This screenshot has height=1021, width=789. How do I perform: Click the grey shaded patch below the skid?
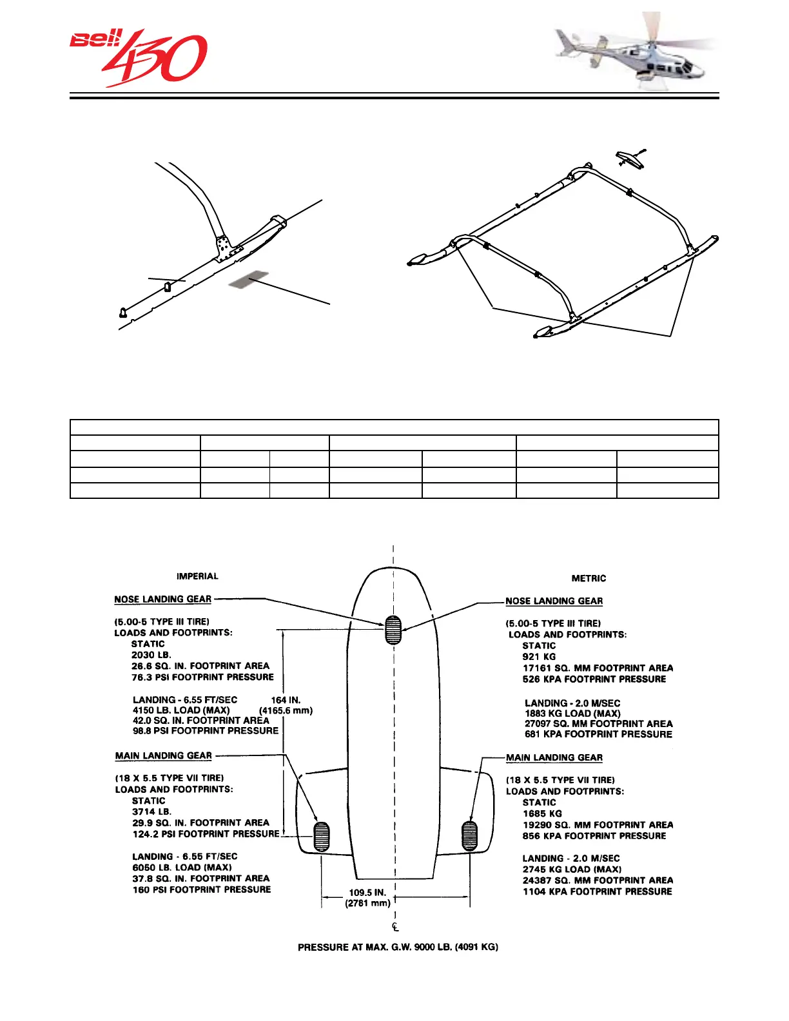click(x=248, y=279)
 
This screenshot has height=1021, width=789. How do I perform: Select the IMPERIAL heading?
click(x=197, y=576)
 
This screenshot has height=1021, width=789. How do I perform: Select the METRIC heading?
click(x=589, y=578)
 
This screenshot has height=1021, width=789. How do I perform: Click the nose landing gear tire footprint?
click(x=393, y=630)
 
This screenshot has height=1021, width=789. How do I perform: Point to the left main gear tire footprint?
click(x=321, y=836)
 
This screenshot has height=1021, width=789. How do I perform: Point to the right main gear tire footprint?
click(x=470, y=835)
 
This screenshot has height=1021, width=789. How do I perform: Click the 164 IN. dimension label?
click(x=286, y=700)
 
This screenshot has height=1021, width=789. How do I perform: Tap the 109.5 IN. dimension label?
click(x=367, y=893)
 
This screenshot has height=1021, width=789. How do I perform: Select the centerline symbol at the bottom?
click(x=395, y=927)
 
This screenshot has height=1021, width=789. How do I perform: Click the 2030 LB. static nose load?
click(x=151, y=655)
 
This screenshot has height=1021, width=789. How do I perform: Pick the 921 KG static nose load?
click(x=539, y=657)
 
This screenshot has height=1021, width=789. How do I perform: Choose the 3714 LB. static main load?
click(x=151, y=812)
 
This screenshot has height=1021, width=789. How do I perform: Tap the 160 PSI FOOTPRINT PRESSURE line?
click(x=202, y=890)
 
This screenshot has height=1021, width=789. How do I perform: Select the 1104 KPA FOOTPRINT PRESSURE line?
click(x=597, y=891)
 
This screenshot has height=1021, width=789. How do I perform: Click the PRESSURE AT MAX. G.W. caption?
click(x=398, y=947)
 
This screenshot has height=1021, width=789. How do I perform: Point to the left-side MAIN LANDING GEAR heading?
click(x=164, y=755)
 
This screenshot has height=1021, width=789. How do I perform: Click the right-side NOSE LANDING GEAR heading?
click(x=554, y=601)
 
